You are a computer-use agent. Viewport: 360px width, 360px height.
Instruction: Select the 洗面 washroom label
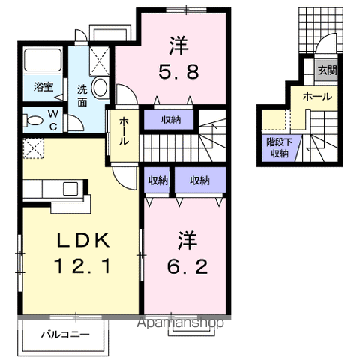coord(82,96)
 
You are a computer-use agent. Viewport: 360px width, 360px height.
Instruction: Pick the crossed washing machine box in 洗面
coord(99,59)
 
